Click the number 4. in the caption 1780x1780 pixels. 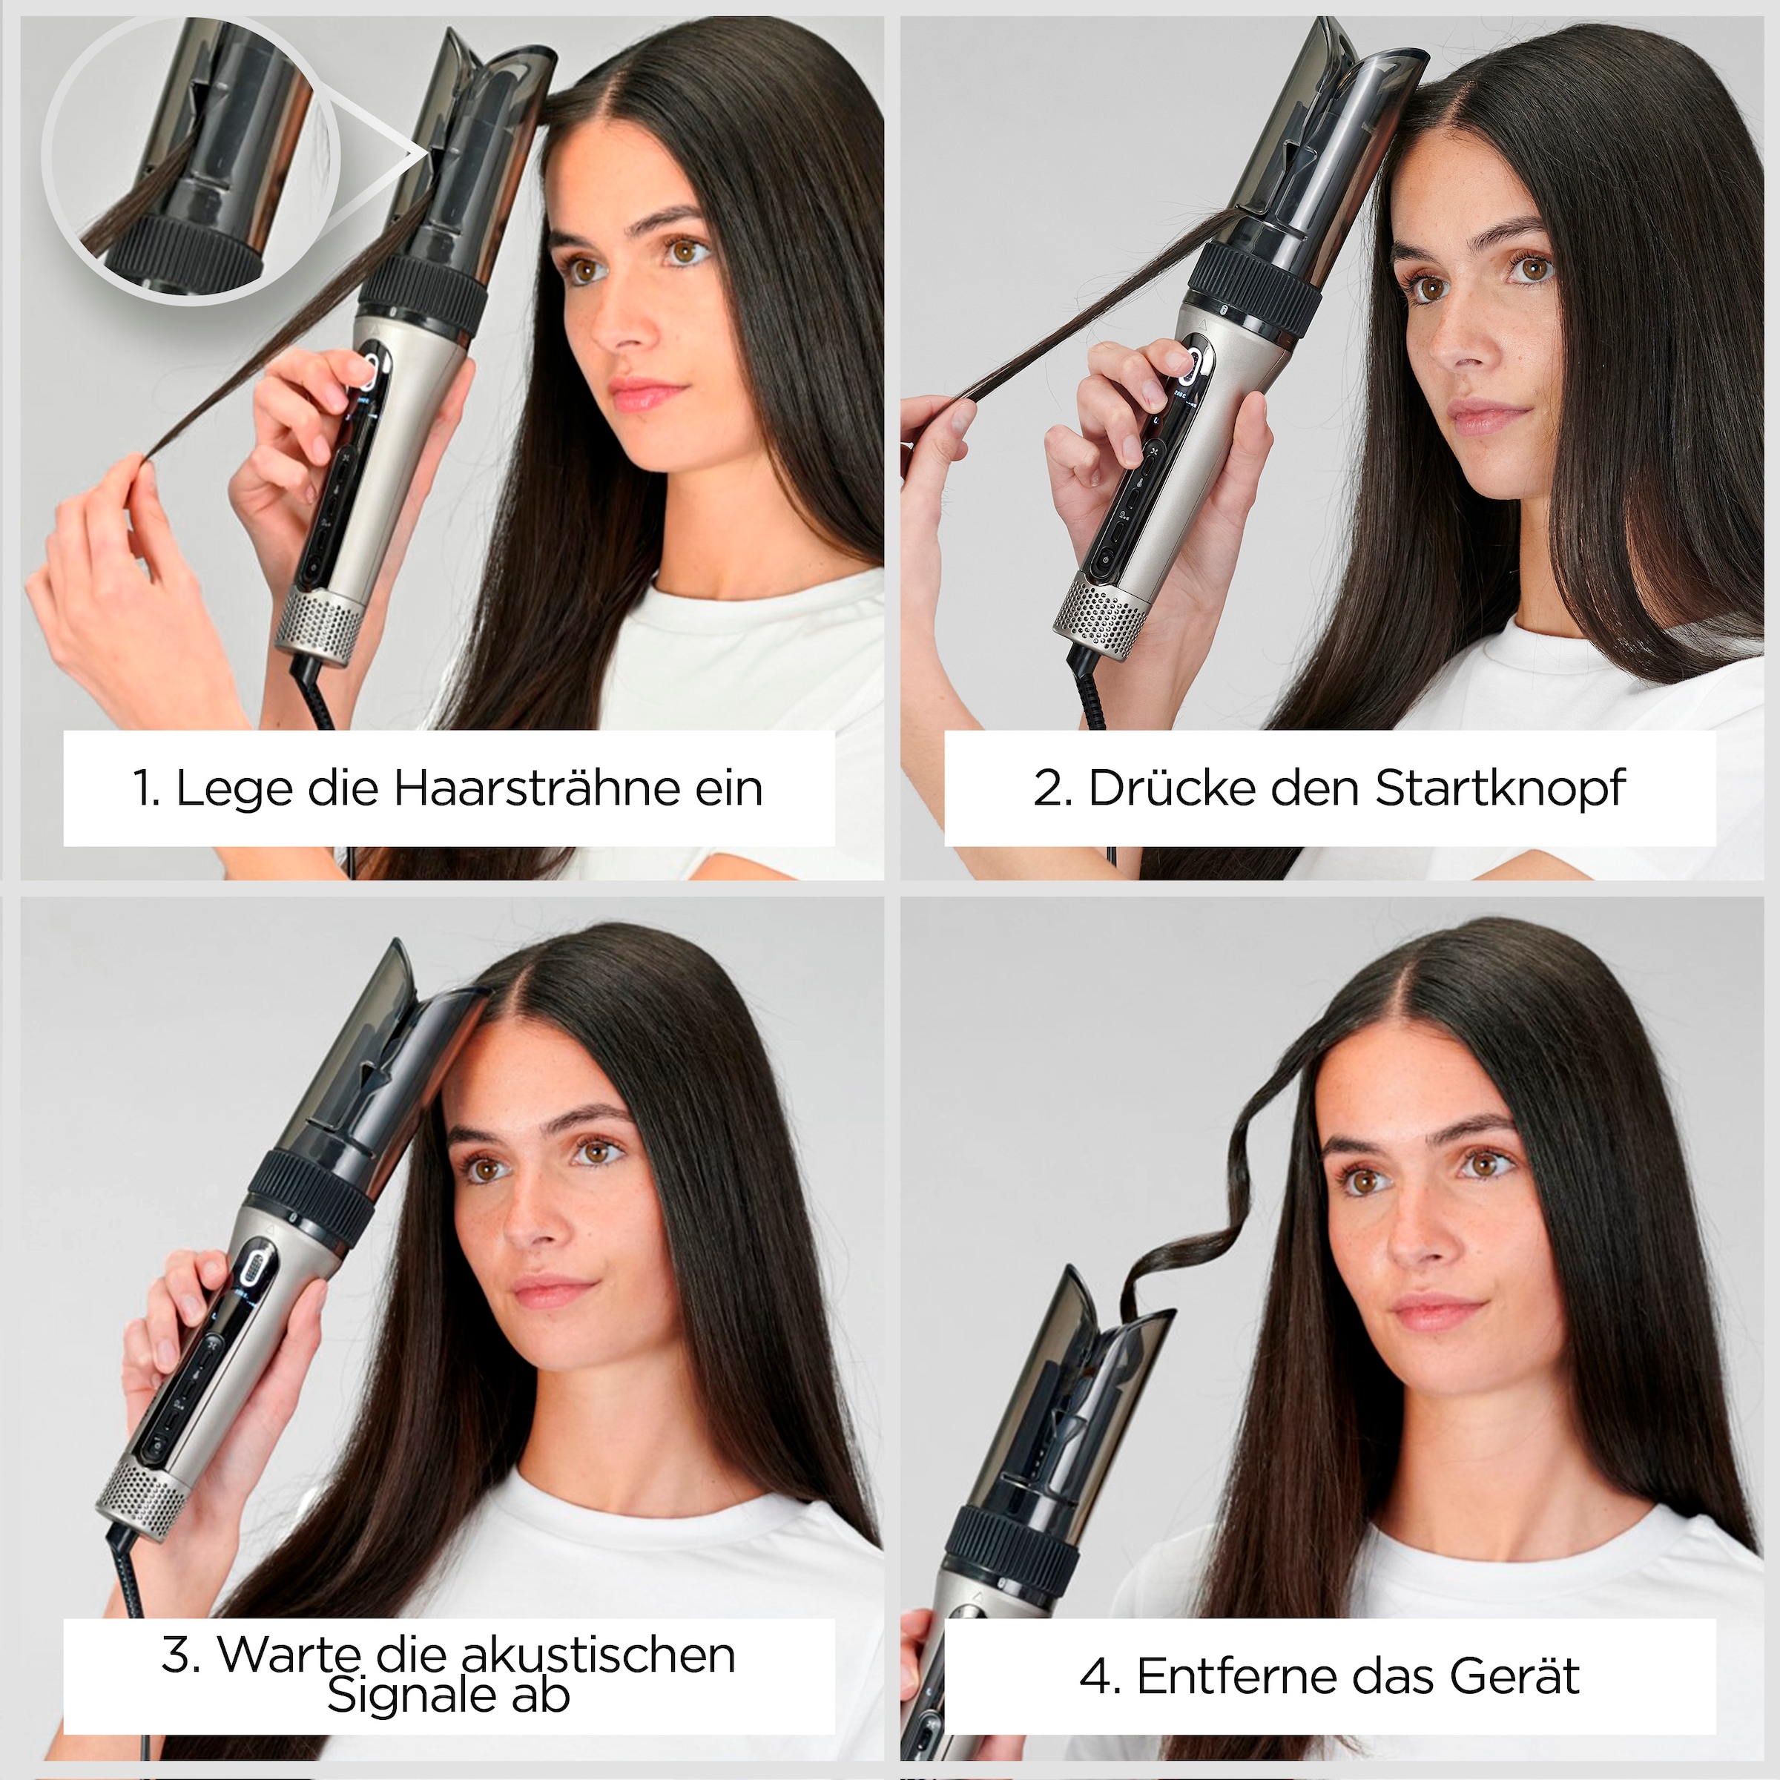pyautogui.click(x=1099, y=1677)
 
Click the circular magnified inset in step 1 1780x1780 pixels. pyautogui.click(x=191, y=159)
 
